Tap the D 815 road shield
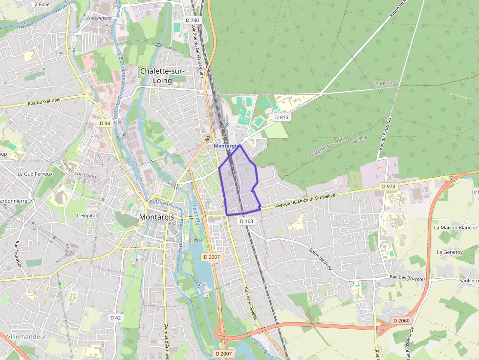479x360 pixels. coord(282,117)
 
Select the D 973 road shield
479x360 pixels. coord(389,187)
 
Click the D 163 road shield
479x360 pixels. coord(247,221)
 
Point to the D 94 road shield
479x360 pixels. coord(105,123)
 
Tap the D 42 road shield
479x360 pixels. coord(115,318)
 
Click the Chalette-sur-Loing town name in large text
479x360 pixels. coord(163,76)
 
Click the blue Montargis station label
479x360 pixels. coord(225,146)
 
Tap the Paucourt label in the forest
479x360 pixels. coord(386,84)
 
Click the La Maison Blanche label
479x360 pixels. coord(455,228)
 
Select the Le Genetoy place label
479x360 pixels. coord(450,252)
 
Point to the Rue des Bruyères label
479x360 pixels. coord(408,277)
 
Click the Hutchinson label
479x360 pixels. coord(99,18)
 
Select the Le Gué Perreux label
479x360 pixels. coord(35,173)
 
